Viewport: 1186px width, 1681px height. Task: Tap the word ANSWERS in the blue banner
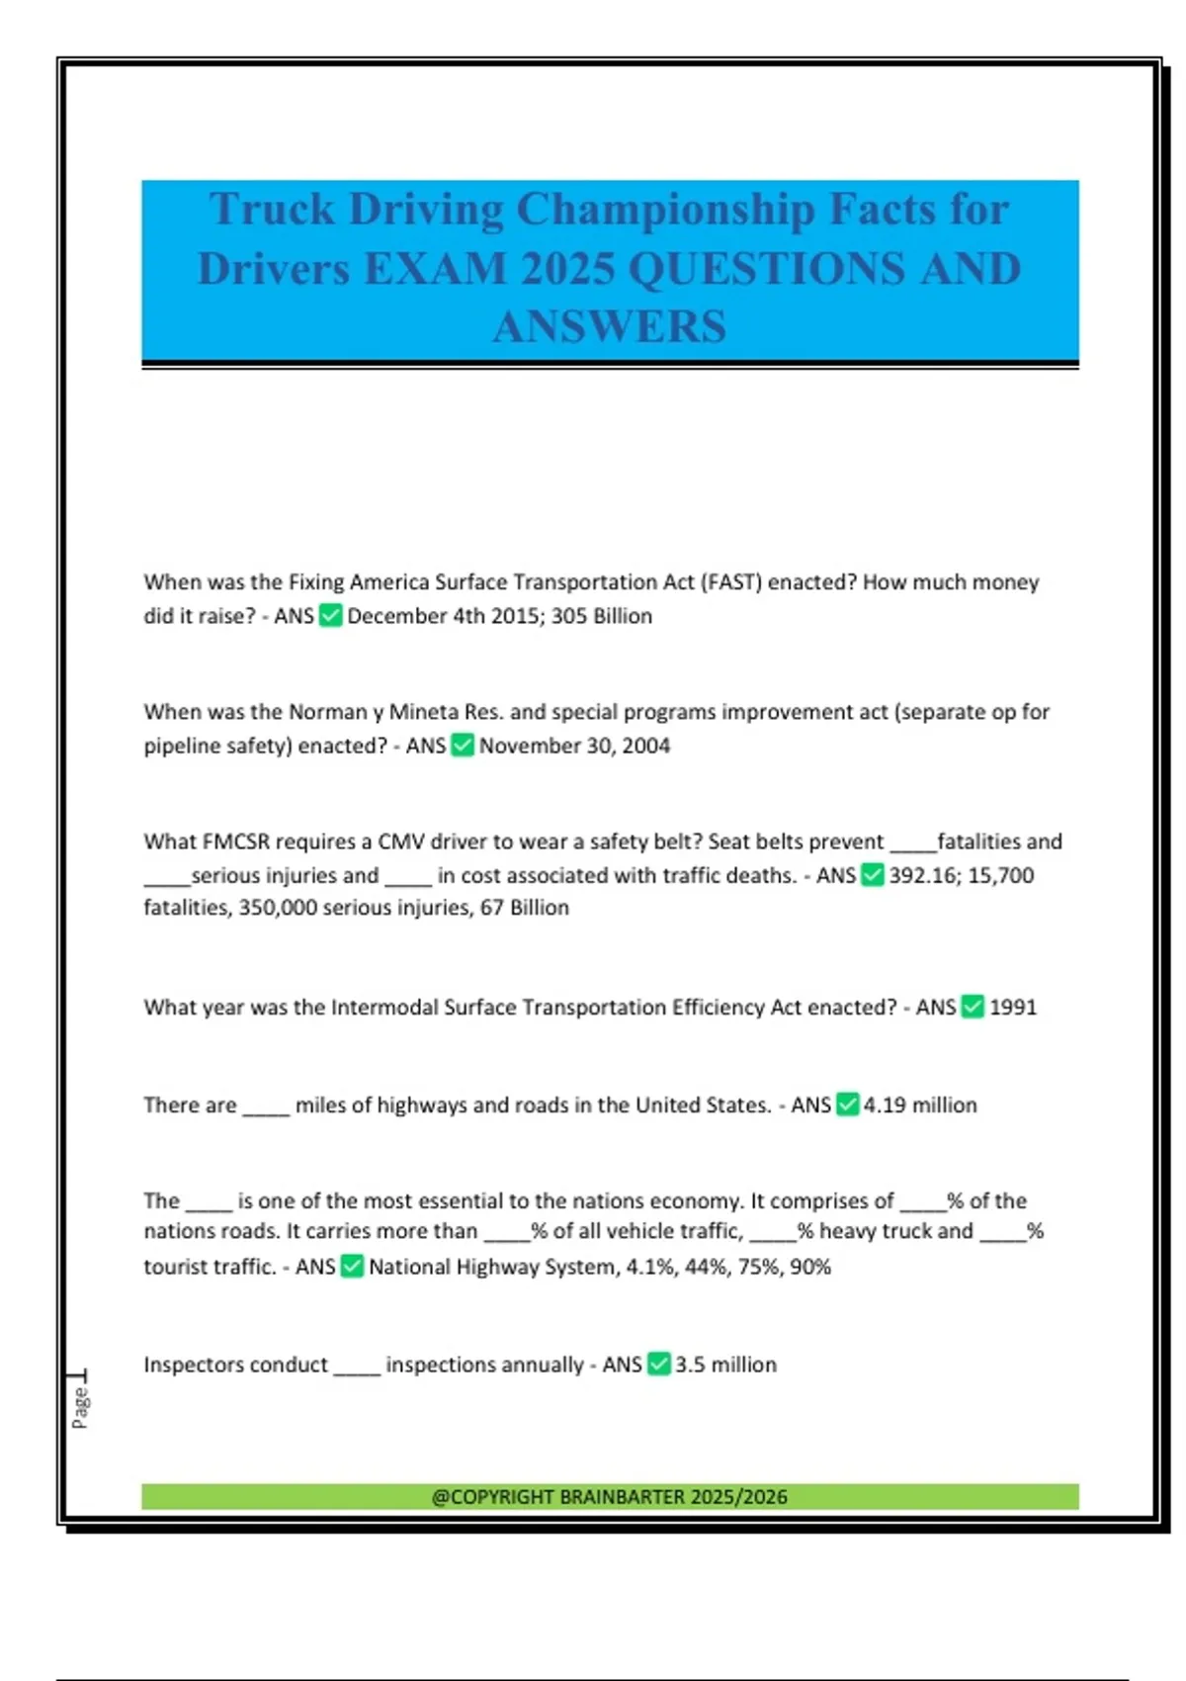pos(610,327)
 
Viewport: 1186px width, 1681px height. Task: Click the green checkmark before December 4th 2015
pos(331,616)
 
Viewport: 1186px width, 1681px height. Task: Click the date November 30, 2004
pos(574,746)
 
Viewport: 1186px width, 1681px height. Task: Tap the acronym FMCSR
pos(236,841)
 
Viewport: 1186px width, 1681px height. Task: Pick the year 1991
pos(1013,1008)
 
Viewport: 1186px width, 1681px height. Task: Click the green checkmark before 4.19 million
pos(847,1105)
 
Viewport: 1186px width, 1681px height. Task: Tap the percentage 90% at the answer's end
pos(810,1267)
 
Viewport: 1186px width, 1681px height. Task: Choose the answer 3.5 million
pos(725,1365)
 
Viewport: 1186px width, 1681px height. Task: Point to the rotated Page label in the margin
pos(81,1406)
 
